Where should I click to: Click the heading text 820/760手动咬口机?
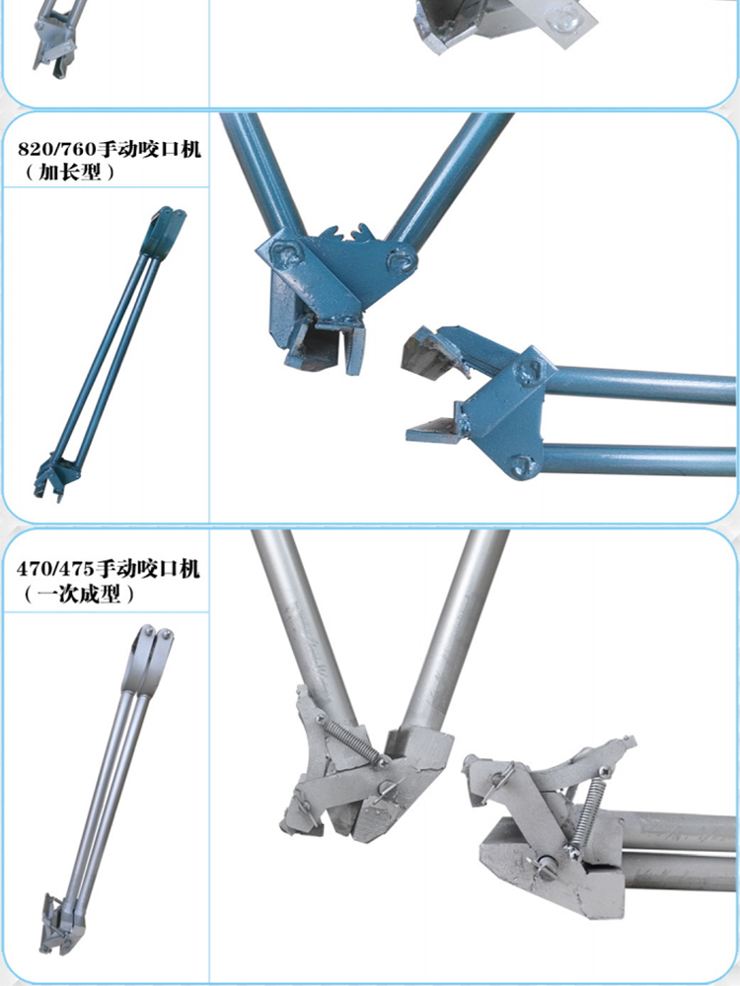(110, 150)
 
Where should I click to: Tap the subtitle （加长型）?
(69, 172)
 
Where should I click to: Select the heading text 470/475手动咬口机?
(109, 569)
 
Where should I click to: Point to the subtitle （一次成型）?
(79, 593)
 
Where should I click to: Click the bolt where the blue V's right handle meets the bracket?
(401, 261)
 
